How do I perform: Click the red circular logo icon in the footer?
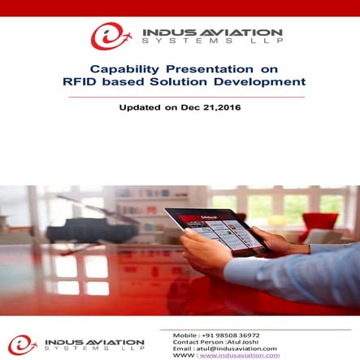(21, 345)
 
